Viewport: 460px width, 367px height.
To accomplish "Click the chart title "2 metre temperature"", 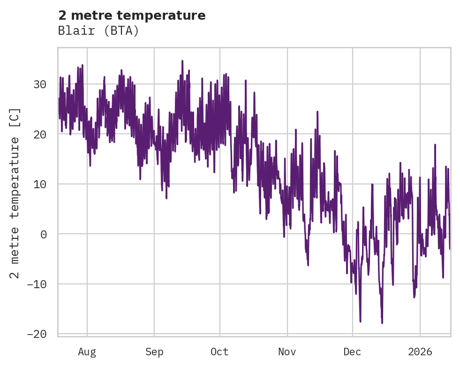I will point(132,15).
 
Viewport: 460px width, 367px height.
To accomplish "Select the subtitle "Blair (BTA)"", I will point(98,31).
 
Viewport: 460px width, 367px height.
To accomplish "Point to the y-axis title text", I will point(15,193).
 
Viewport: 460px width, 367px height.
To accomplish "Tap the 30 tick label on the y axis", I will point(40,84).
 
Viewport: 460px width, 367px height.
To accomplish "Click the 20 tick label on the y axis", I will point(40,134).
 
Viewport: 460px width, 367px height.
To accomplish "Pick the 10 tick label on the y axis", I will point(40,184).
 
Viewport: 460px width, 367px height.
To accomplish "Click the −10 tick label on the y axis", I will point(37,284).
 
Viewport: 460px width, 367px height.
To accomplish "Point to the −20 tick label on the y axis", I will point(37,334).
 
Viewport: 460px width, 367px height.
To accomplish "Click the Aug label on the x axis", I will point(87,352).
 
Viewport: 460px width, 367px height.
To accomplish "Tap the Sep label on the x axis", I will point(154,352).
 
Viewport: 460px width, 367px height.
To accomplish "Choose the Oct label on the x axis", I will point(219,352).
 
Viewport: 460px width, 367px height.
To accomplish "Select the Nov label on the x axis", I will point(287,352).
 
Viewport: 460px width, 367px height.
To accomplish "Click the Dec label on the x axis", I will point(352,352).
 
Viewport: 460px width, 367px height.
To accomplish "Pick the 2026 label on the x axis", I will point(420,352).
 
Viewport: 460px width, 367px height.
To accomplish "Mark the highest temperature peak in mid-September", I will point(182,61).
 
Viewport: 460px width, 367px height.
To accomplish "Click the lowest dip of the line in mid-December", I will point(382,323).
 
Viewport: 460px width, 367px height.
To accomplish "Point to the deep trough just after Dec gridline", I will point(360,321).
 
